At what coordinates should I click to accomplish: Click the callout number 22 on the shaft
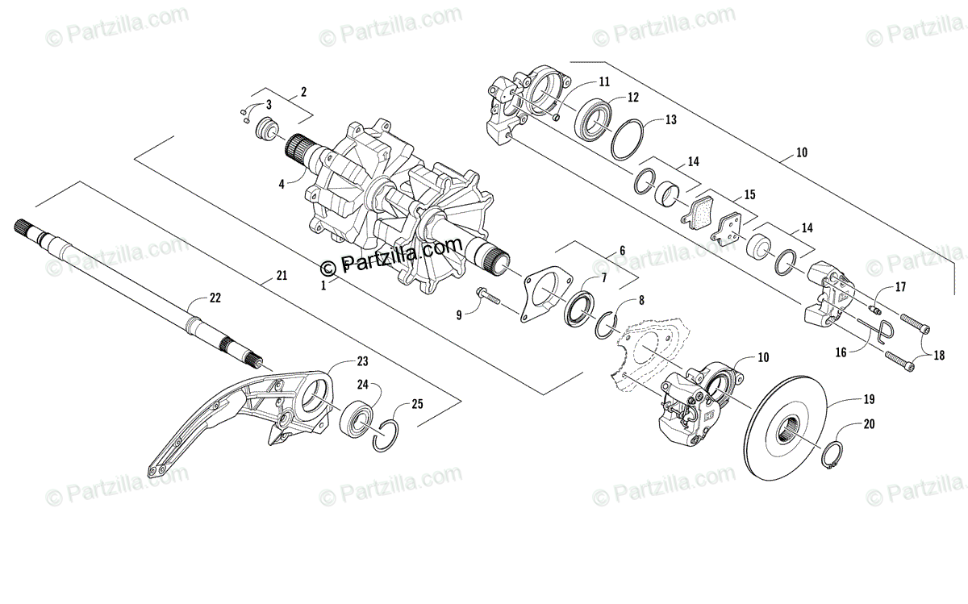pos(215,298)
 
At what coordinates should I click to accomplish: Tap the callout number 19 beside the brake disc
pos(868,399)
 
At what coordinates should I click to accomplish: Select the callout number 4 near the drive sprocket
pos(281,184)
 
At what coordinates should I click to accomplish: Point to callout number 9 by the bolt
pos(458,316)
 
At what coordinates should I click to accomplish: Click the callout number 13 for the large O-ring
pos(670,119)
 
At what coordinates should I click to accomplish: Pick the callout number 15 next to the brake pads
pos(749,194)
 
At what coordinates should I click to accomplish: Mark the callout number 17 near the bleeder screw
pos(900,287)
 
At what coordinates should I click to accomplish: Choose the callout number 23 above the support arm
pos(362,361)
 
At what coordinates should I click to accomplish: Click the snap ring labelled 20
pos(834,457)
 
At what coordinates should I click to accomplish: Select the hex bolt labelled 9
pos(487,299)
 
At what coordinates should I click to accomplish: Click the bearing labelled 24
pos(357,417)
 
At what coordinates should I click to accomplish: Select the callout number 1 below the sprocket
pos(323,285)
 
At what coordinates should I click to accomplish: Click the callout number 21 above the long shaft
pos(281,277)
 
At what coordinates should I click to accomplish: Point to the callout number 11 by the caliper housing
pos(604,81)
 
